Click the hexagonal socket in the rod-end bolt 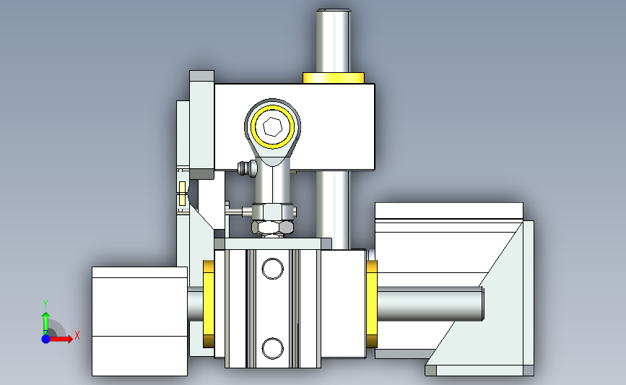coord(273,127)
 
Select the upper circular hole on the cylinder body coord(273,269)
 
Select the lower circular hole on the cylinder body coord(273,348)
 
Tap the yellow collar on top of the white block coord(334,78)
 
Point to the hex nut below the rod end coord(273,228)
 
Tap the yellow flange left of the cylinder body coord(209,303)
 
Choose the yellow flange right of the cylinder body coord(372,303)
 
